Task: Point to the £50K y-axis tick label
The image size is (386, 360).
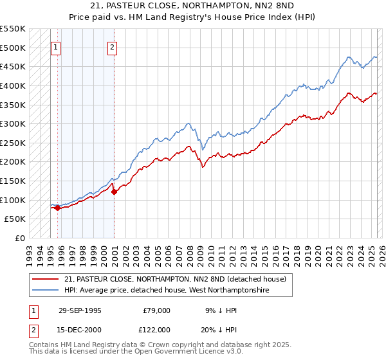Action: pos(14,219)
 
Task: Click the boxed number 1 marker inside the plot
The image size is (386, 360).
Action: pos(55,47)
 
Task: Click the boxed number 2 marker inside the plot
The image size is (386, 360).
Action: pos(112,47)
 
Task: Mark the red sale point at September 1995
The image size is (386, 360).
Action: pos(58,208)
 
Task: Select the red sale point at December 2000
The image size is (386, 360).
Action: pos(114,192)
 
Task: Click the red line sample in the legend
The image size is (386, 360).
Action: pos(46,279)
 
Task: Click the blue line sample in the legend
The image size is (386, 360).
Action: pos(46,291)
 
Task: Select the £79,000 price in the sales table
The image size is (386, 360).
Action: pos(155,310)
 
